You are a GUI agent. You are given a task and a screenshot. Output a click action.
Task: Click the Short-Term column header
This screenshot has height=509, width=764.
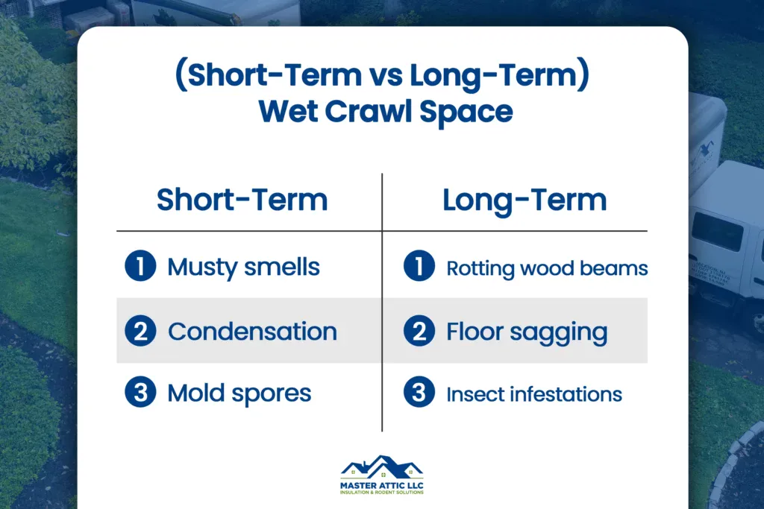tap(242, 200)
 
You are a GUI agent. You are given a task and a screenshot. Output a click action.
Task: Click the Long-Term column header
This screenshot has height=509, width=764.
tap(525, 200)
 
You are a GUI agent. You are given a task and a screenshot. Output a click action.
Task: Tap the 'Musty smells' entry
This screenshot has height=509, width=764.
tap(243, 267)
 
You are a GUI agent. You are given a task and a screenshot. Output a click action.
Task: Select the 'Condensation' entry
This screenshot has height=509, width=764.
tap(252, 332)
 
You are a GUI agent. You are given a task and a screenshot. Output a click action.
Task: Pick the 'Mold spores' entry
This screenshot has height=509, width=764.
tap(239, 393)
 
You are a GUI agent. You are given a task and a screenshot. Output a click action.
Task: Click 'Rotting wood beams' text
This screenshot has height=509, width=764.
tap(546, 268)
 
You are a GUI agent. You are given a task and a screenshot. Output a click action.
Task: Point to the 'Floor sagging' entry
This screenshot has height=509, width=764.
tap(527, 332)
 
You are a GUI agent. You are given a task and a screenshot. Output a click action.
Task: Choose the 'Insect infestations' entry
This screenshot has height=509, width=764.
tap(534, 394)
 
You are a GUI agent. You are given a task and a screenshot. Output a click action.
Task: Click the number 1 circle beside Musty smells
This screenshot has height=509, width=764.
tap(140, 267)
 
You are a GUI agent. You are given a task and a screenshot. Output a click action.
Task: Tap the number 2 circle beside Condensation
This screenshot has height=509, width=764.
tap(140, 331)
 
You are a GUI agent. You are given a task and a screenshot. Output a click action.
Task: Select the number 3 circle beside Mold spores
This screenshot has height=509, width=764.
tap(140, 393)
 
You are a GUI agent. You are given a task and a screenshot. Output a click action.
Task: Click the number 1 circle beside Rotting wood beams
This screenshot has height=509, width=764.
tap(419, 267)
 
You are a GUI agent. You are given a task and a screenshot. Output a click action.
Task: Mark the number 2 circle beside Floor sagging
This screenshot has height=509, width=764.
tap(419, 331)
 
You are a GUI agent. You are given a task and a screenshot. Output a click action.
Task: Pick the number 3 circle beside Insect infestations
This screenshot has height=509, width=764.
tap(419, 393)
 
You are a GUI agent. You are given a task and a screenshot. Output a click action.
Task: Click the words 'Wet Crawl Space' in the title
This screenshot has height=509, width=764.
tap(385, 112)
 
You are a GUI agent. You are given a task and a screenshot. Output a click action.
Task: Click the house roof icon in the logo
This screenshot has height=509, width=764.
tap(381, 467)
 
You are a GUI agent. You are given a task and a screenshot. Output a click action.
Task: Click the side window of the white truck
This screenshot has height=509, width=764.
tap(717, 231)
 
